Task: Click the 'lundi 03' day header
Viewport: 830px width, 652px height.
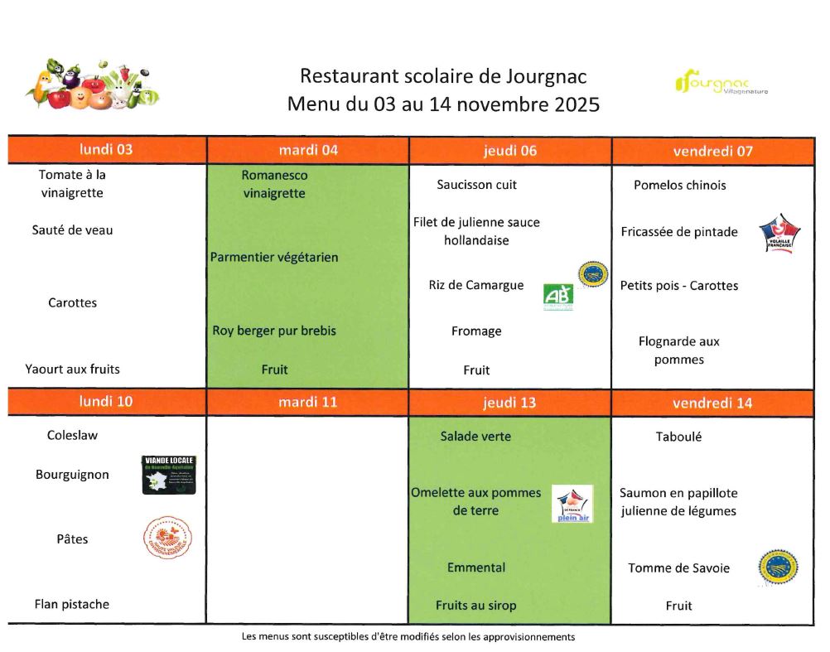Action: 106,150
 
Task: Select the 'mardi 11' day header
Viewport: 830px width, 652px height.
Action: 307,403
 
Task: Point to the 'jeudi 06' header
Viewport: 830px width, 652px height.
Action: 509,150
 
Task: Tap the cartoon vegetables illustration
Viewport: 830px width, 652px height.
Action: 92,85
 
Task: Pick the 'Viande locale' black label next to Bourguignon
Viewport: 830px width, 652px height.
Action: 169,475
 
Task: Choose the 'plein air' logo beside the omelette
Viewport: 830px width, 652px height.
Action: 572,504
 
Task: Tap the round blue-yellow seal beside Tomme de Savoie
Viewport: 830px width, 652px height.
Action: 778,567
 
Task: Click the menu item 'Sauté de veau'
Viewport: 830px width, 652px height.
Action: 72,230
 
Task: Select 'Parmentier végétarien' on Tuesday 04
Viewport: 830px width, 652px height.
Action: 274,258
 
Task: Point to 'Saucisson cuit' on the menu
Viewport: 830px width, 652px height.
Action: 476,185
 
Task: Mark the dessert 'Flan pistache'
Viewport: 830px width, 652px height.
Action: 72,604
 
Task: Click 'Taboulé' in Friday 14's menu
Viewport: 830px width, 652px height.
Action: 678,437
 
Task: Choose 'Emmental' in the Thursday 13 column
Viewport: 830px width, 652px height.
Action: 476,567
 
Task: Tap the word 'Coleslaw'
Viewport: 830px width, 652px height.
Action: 72,435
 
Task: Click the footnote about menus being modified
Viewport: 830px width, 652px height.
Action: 408,637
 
